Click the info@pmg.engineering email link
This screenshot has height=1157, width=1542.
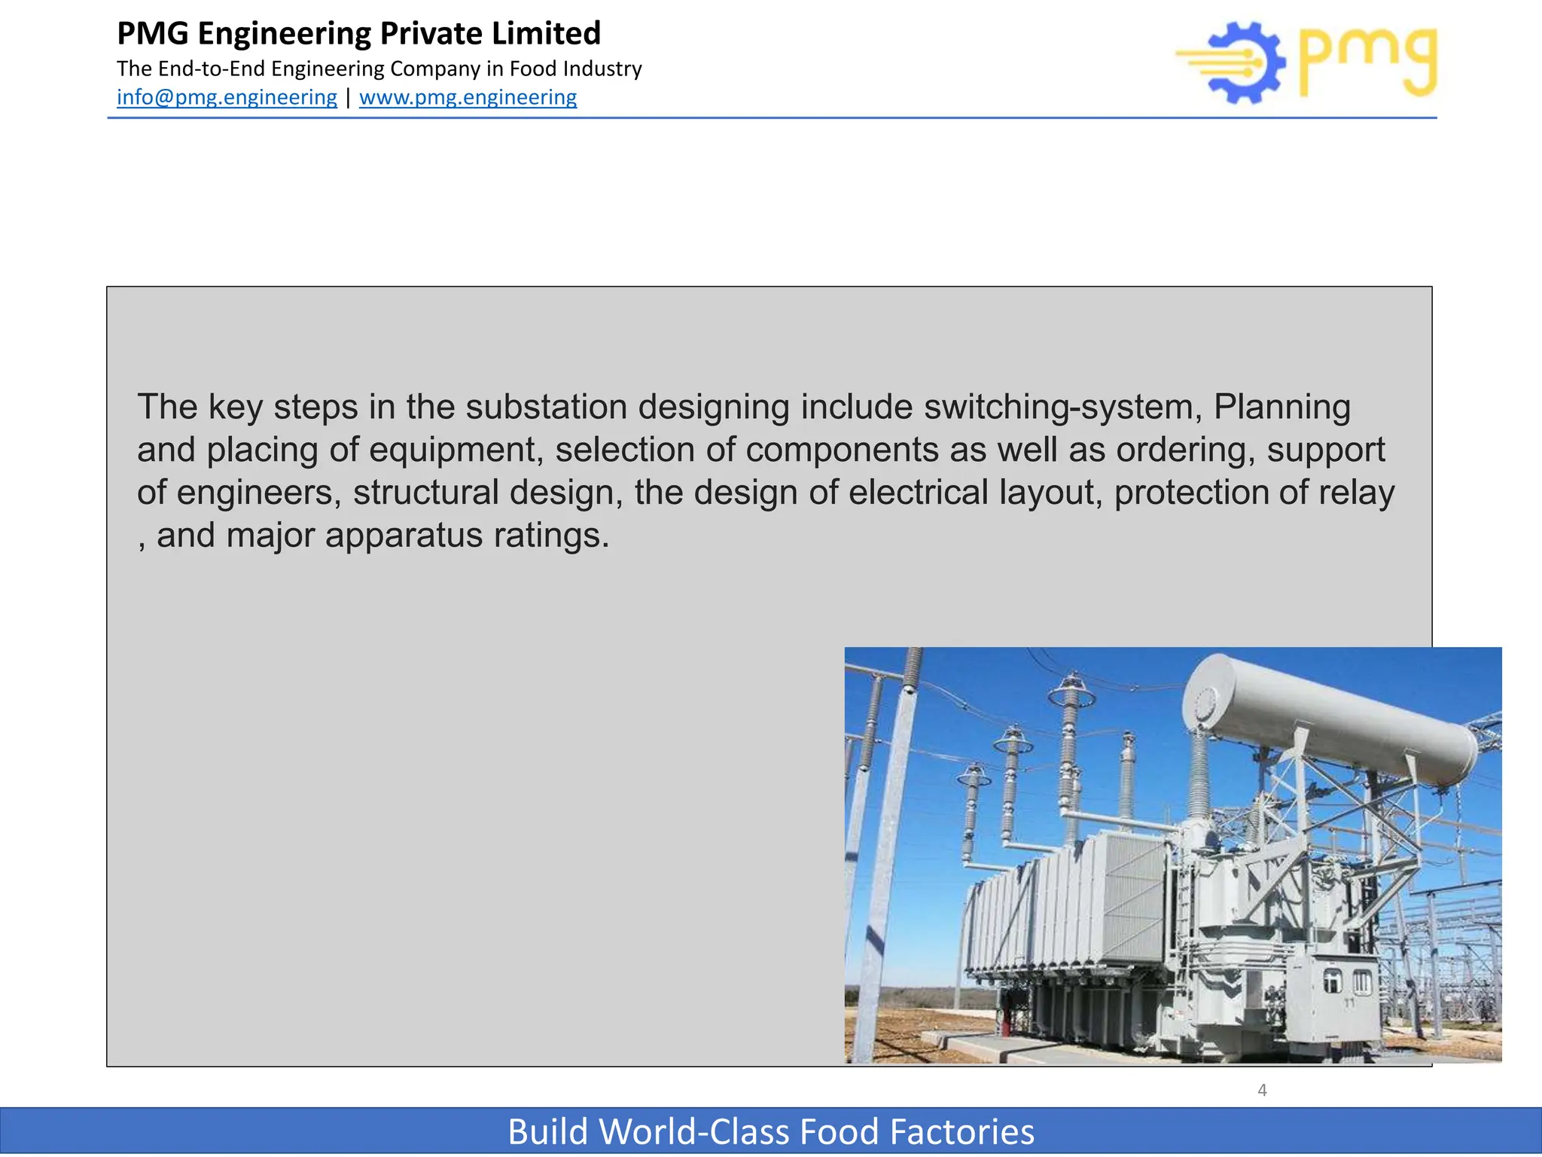227,97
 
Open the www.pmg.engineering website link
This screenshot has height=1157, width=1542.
468,97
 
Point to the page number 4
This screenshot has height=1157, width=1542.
1262,1090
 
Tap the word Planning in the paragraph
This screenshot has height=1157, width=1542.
1281,407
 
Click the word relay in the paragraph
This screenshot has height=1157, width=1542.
1356,493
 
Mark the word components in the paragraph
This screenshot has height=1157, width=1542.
842,450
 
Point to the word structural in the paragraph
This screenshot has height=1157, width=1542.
425,493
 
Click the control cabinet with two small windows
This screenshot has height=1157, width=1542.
1347,994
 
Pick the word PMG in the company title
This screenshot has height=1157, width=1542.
153,34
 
